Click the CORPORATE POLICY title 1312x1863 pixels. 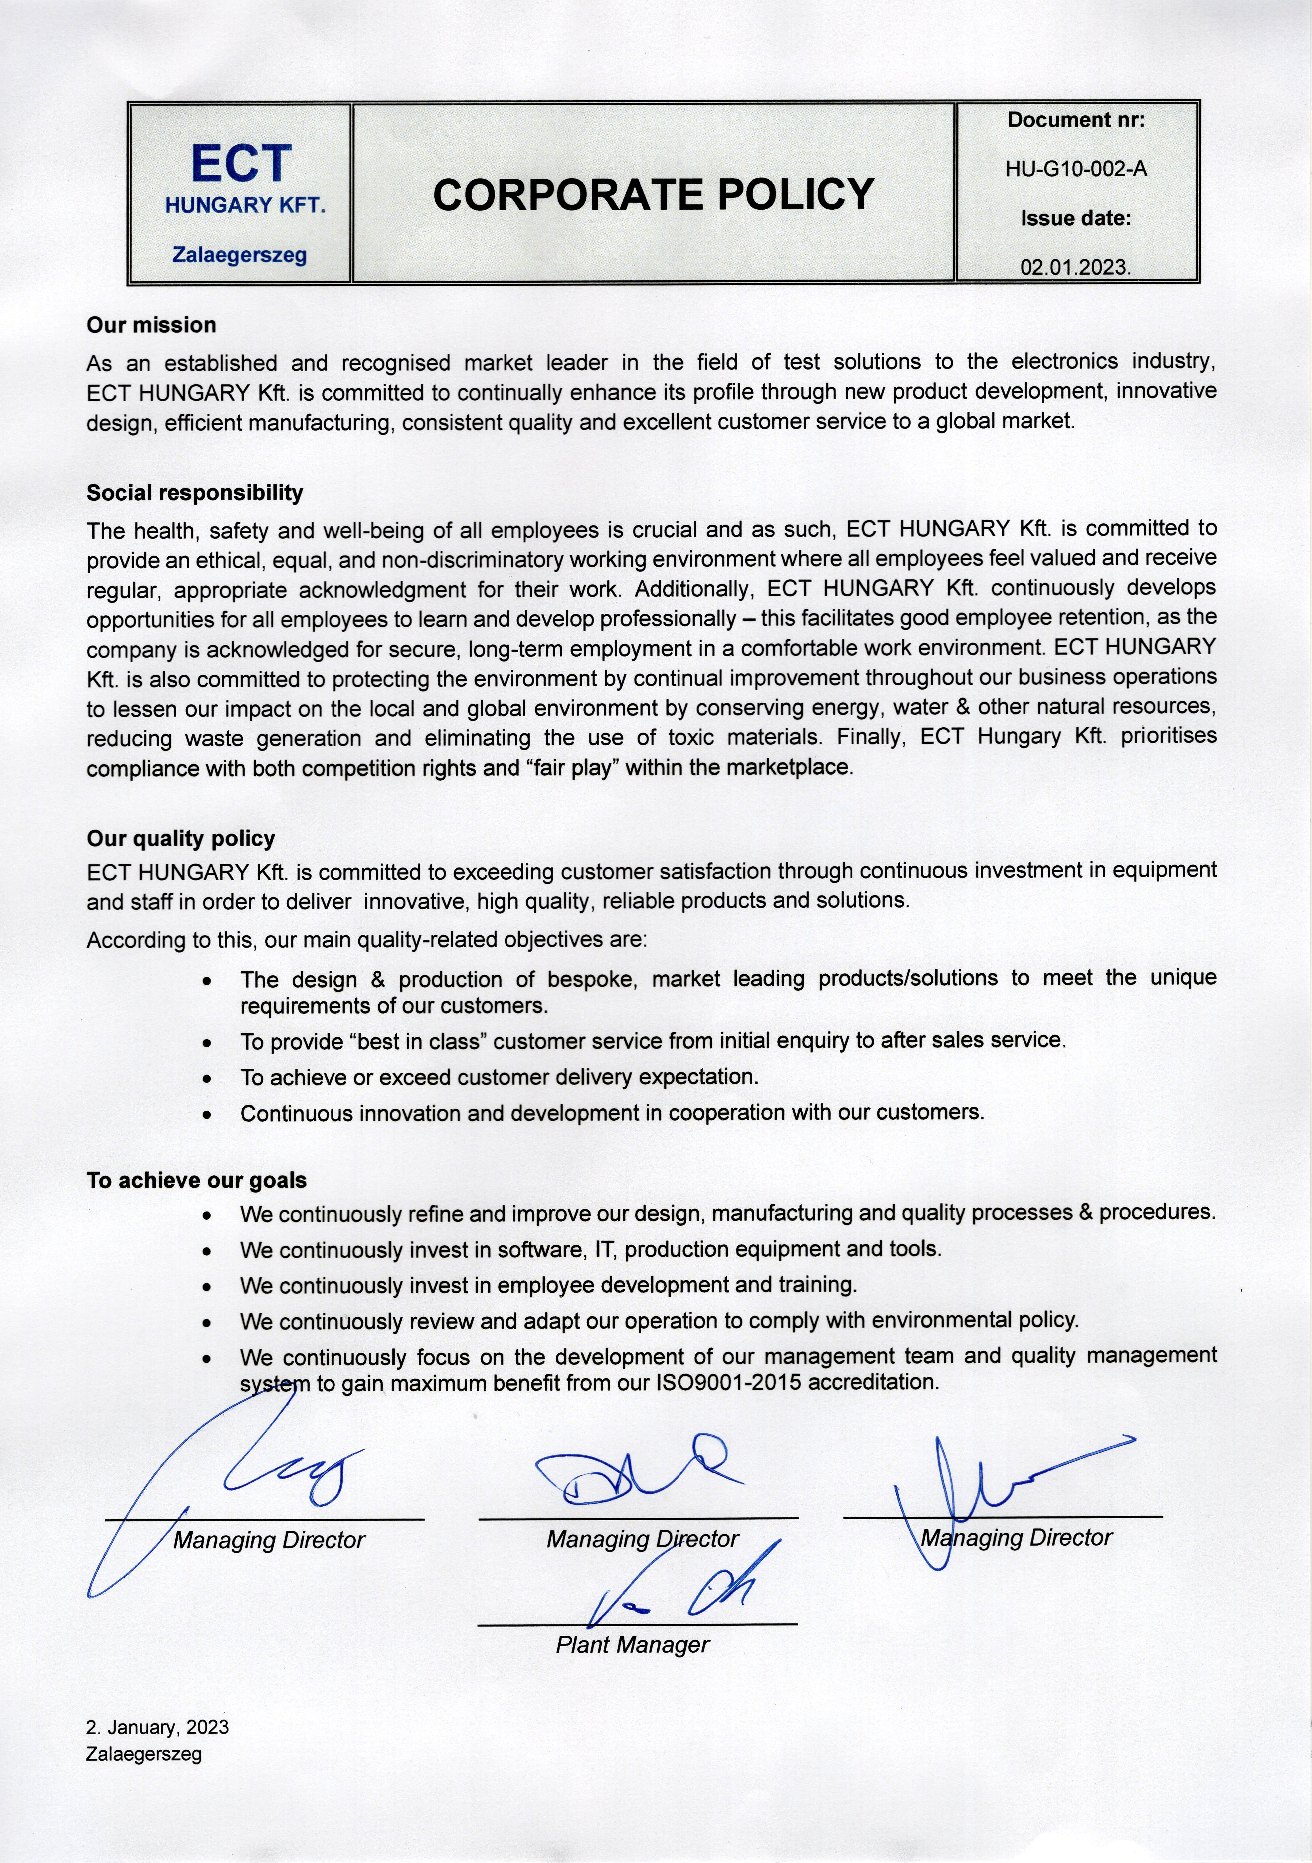click(x=653, y=195)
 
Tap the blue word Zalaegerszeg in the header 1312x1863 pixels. click(x=239, y=256)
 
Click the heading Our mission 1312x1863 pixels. click(x=152, y=325)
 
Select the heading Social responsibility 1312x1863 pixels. click(x=195, y=492)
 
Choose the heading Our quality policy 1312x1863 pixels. click(x=181, y=838)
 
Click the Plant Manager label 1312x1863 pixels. click(x=632, y=1645)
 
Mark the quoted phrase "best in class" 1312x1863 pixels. click(x=422, y=1041)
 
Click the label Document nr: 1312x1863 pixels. click(x=1076, y=120)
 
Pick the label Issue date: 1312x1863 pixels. click(x=1076, y=218)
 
